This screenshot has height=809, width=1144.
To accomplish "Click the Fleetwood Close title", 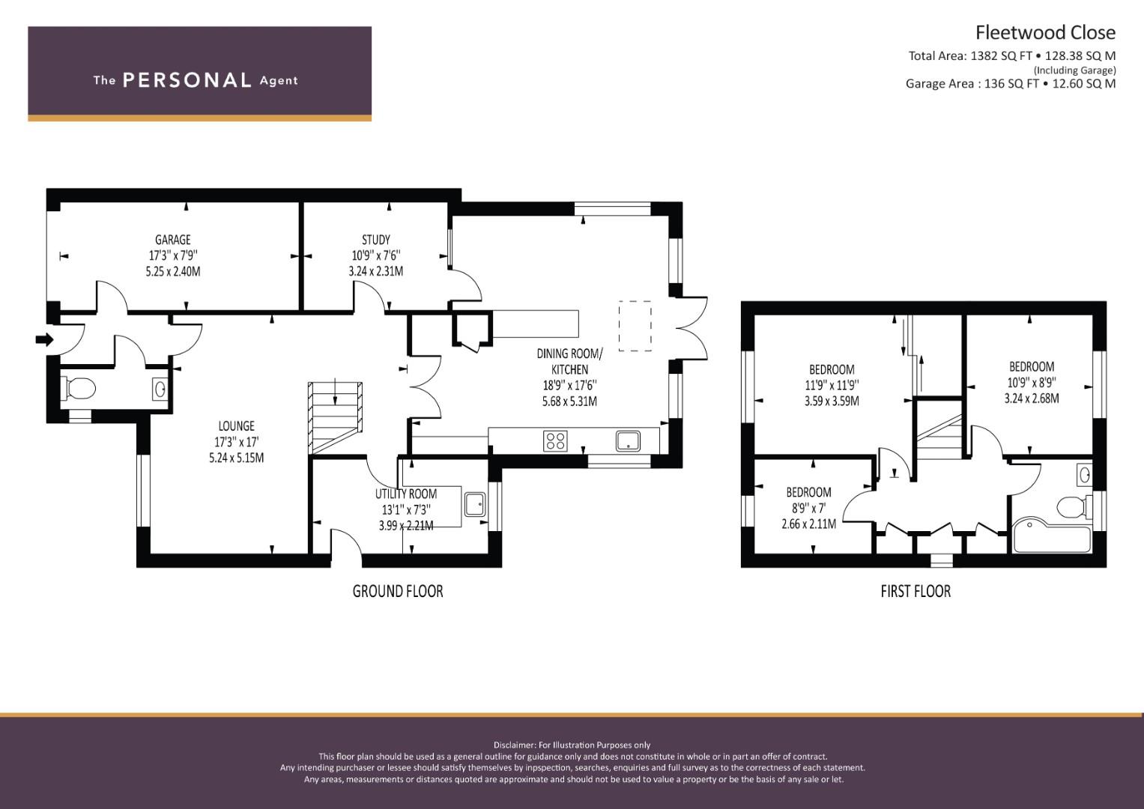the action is click(x=1045, y=33).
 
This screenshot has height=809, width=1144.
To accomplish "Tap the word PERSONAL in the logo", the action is click(x=187, y=80).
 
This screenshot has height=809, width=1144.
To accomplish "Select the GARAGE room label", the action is click(x=172, y=240).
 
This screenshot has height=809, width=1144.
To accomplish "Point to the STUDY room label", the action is click(x=376, y=240).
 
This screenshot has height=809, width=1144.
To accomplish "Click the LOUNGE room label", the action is click(x=236, y=426).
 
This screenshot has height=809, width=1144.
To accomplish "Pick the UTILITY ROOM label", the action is click(x=406, y=494).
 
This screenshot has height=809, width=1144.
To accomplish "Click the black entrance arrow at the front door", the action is click(x=44, y=339).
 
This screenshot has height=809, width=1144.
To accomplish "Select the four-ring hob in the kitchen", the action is click(x=555, y=440).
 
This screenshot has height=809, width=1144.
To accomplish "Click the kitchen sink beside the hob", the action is click(x=628, y=440).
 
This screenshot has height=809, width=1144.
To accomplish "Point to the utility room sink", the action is click(x=475, y=505).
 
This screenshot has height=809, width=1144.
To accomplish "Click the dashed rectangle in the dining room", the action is click(x=635, y=326).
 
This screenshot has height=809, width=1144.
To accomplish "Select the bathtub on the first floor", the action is click(x=1051, y=536).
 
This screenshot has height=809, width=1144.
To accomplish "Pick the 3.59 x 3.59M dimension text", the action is click(x=832, y=401).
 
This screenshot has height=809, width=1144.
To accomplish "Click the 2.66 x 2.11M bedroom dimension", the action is click(x=808, y=524).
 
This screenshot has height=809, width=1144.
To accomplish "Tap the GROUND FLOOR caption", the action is click(x=398, y=591).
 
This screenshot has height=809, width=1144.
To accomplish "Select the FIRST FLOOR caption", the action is click(x=915, y=591).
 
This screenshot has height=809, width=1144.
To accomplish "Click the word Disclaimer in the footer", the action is click(x=515, y=745).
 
